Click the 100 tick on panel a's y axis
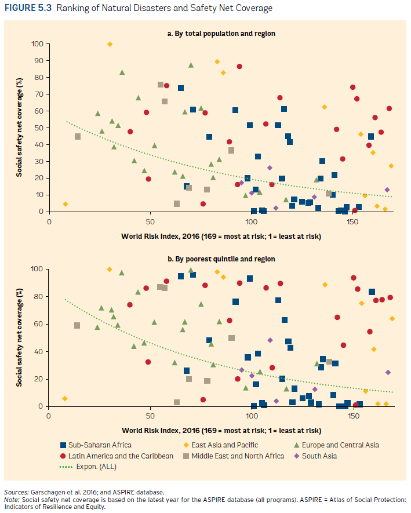click(x=38, y=44)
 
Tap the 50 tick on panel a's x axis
click(x=150, y=222)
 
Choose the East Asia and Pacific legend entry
click(x=231, y=445)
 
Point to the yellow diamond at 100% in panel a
click(x=110, y=44)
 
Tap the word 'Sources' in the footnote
click(x=16, y=492)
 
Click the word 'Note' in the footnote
click(x=11, y=499)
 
